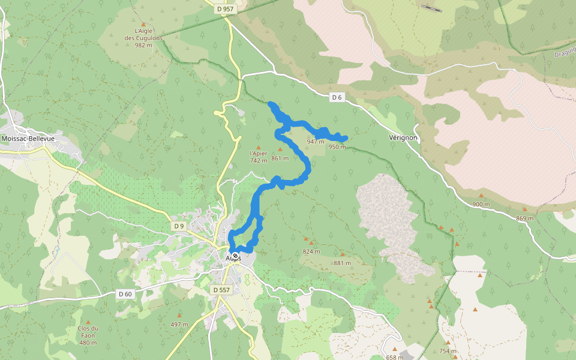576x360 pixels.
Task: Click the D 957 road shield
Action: pos(225,9)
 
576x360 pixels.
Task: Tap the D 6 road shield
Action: pos(337,97)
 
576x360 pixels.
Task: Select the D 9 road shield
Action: pos(178,226)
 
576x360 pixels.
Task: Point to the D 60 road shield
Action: pos(125,293)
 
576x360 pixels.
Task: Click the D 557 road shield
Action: pos(221,289)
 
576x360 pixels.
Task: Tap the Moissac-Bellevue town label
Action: pos(28,139)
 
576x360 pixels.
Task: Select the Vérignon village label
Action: pos(403,138)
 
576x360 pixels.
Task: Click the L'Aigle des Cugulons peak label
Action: pos(143,37)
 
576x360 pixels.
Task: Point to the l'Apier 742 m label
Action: pos(259,157)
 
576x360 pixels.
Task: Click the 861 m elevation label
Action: pos(280,158)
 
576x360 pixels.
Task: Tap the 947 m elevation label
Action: pos(315,142)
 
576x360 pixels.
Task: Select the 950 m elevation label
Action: pos(337,147)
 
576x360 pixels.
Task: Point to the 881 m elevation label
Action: pos(342,263)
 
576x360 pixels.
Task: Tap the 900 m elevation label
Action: pos(481,204)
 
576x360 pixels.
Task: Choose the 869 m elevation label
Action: pos(524,218)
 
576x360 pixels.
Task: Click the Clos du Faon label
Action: pos(88,335)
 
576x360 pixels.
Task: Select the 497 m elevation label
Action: pos(179,325)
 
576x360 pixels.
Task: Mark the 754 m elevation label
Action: pos(448,351)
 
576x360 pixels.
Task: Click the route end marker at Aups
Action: pos(235,256)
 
